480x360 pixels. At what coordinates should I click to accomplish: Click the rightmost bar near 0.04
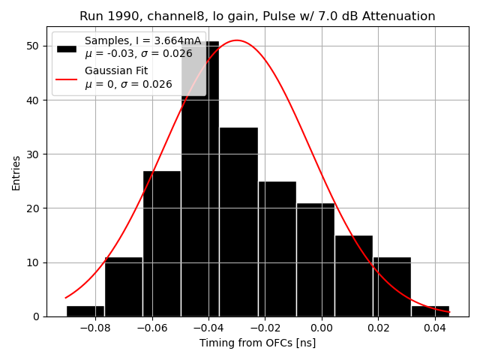click(x=430, y=311)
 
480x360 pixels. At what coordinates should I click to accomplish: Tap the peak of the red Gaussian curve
click(x=236, y=40)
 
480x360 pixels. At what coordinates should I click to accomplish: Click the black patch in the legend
click(x=66, y=47)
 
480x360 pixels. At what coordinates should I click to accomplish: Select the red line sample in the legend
click(x=66, y=77)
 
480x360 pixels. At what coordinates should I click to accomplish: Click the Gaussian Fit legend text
click(x=116, y=70)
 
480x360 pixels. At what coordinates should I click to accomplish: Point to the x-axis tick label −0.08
click(x=95, y=328)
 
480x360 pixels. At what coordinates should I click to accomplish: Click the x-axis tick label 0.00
click(x=321, y=328)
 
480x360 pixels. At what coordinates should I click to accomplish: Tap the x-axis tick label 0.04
click(x=434, y=328)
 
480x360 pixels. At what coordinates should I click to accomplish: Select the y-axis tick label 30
click(x=34, y=154)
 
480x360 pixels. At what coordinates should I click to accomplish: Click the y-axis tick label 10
click(x=34, y=262)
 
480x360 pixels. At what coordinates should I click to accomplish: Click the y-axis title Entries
click(x=16, y=172)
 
